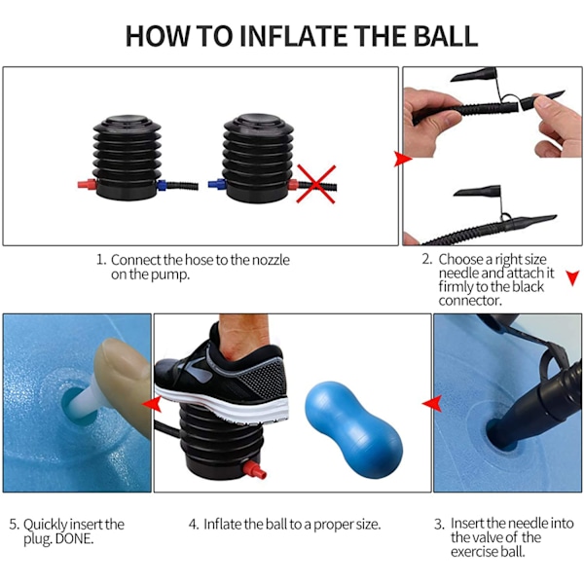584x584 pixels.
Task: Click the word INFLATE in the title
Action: pos(293,36)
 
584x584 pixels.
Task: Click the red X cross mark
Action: pos(315,184)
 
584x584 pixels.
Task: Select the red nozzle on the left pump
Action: pos(88,184)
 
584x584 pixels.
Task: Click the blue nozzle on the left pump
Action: pos(162,185)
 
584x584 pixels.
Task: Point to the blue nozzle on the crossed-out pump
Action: pos(217,184)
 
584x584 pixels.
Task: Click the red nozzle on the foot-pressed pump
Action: pos(255,469)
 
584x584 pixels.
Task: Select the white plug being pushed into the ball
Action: pos(88,396)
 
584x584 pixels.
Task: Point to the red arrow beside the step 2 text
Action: pos(573,277)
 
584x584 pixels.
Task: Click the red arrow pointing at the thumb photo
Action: pos(152,405)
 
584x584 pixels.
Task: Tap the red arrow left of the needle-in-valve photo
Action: pos(432,404)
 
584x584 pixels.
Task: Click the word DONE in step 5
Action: pos(74,538)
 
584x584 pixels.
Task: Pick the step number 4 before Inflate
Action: pos(194,525)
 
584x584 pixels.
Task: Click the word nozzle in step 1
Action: pos(271,260)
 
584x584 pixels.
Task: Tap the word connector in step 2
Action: pos(470,300)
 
